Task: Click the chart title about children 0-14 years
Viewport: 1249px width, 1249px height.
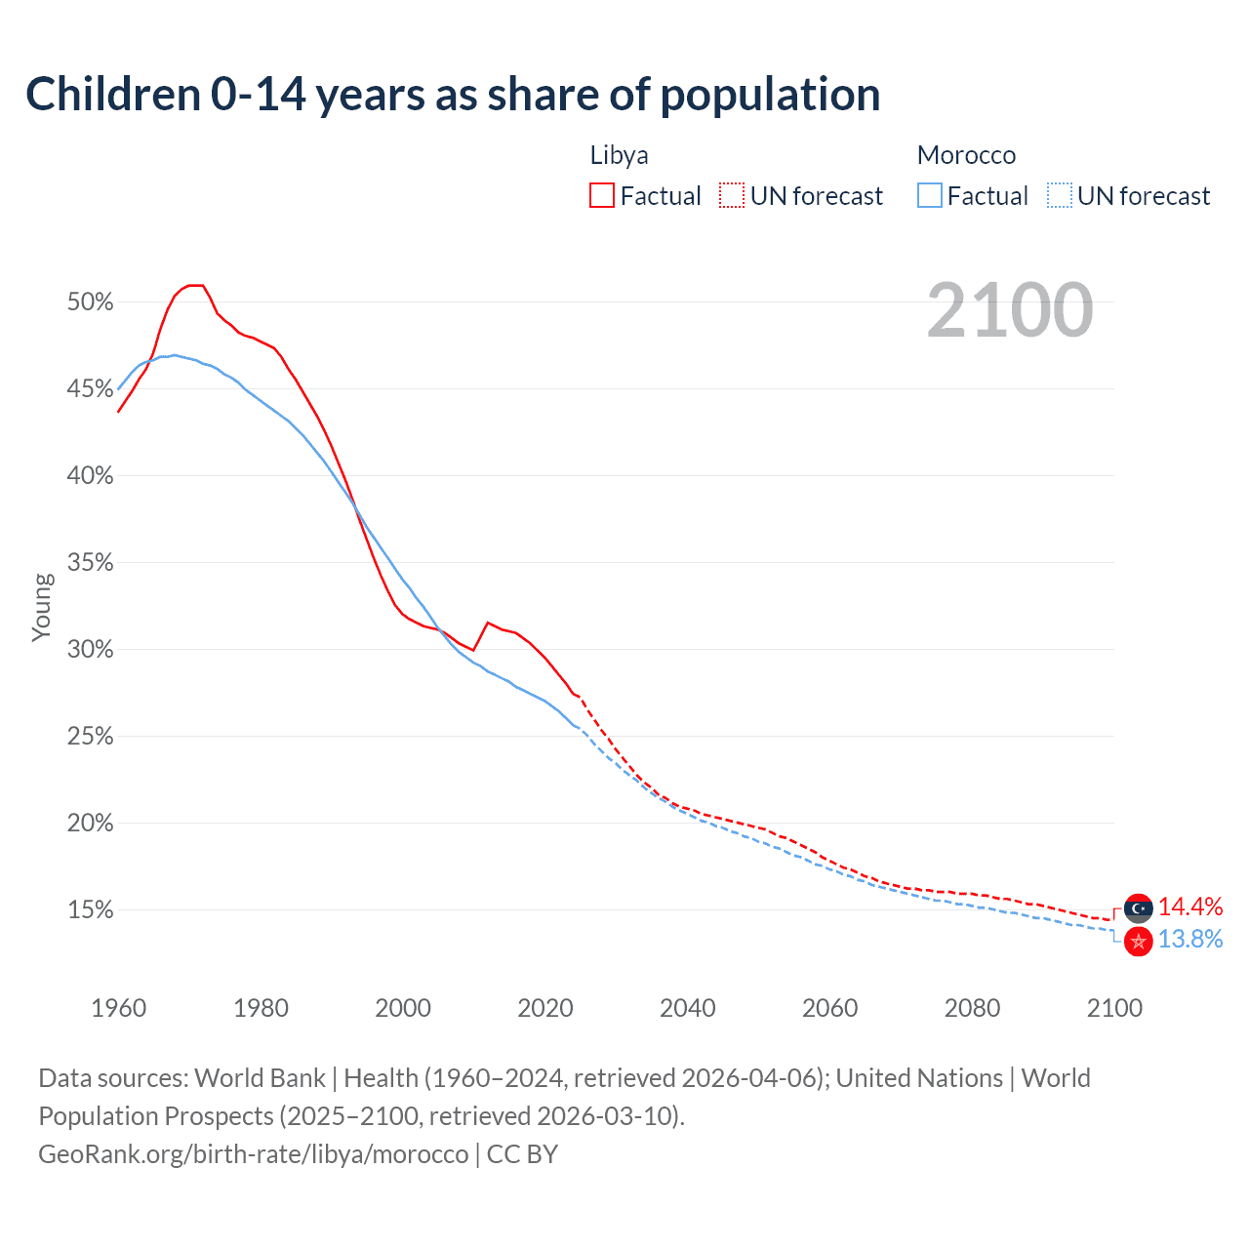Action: (x=453, y=95)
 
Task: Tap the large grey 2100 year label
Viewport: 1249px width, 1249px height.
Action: (x=1010, y=310)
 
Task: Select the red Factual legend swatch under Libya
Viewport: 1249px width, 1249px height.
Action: (x=602, y=196)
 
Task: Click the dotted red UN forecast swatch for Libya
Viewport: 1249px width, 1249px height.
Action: (x=732, y=196)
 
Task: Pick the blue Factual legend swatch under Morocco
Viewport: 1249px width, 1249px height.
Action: (x=930, y=196)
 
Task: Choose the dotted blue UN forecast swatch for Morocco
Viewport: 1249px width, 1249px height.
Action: (x=1060, y=196)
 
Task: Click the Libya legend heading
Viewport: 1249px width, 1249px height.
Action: (x=619, y=155)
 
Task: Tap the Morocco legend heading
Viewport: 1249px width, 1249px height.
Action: (x=966, y=155)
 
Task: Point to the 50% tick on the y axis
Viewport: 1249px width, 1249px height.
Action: (x=90, y=302)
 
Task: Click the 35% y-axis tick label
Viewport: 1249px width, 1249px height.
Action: (x=90, y=563)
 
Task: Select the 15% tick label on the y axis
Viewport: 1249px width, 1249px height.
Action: (x=90, y=910)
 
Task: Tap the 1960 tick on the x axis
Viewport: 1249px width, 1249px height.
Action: (x=118, y=1008)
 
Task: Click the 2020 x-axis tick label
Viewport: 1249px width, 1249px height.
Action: (x=545, y=1008)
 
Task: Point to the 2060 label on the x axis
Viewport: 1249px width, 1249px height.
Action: (x=829, y=1008)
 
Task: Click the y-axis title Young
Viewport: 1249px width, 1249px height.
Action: (x=42, y=607)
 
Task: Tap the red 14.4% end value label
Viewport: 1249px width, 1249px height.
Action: (x=1190, y=907)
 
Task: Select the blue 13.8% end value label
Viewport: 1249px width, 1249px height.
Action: (x=1190, y=940)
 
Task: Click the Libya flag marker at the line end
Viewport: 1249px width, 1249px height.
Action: (x=1138, y=908)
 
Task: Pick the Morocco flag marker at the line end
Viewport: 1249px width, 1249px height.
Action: (x=1138, y=942)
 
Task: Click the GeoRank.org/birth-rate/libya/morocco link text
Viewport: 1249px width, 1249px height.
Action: (x=254, y=1154)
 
